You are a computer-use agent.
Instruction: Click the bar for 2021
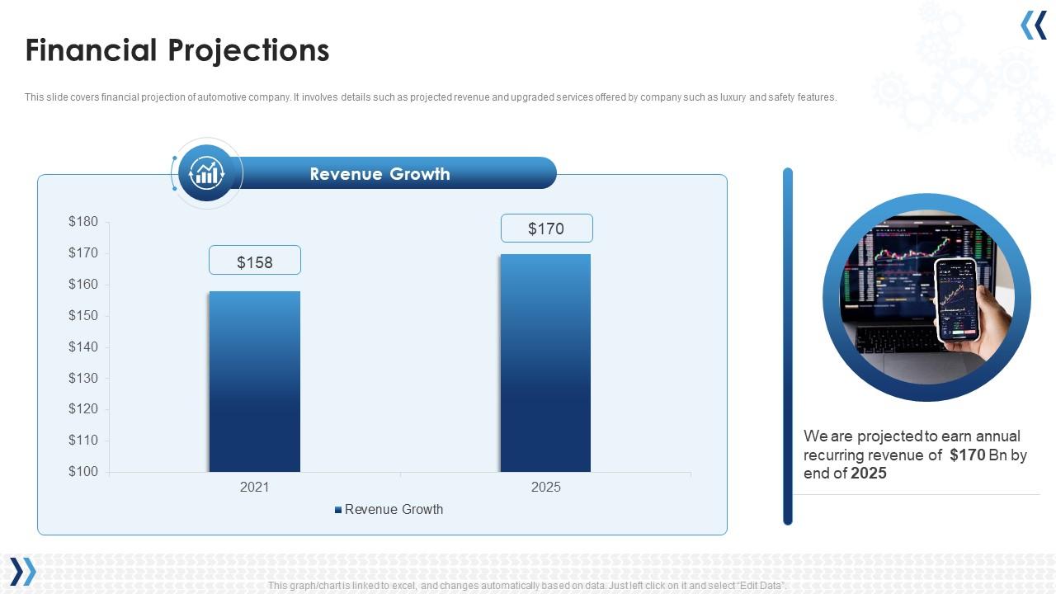254,381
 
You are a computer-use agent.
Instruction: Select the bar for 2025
545,363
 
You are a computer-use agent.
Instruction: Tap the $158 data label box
254,261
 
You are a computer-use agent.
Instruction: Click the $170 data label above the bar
546,229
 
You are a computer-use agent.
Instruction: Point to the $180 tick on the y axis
83,222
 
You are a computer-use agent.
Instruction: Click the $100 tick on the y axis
83,472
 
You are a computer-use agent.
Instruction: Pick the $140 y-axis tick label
83,347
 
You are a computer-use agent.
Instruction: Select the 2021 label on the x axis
254,488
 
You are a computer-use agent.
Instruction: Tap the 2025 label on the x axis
545,488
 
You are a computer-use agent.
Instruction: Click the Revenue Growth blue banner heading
380,174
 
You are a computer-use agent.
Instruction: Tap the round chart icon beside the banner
206,173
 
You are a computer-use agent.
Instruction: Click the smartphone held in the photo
955,299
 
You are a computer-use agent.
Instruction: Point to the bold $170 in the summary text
967,455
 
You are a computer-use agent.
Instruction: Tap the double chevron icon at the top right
1034,26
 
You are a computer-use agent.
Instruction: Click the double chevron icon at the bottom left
23,571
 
